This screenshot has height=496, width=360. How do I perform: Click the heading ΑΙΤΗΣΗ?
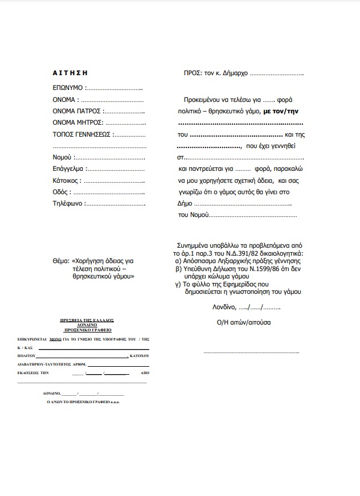pyautogui.click(x=69, y=73)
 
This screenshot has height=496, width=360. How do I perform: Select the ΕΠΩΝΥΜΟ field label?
pyautogui.click(x=68, y=88)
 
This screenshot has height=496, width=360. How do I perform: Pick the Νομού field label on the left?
pyautogui.click(x=62, y=157)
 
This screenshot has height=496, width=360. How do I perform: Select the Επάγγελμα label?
pyautogui.click(x=68, y=169)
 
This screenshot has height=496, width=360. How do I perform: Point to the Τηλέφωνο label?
pyautogui.click(x=68, y=203)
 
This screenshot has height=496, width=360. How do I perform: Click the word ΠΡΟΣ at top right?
pyautogui.click(x=193, y=73)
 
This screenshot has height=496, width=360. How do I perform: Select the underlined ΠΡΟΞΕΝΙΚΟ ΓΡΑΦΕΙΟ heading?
pyautogui.click(x=87, y=330)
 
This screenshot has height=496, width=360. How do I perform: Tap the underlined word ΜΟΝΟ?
pyautogui.click(x=55, y=339)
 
